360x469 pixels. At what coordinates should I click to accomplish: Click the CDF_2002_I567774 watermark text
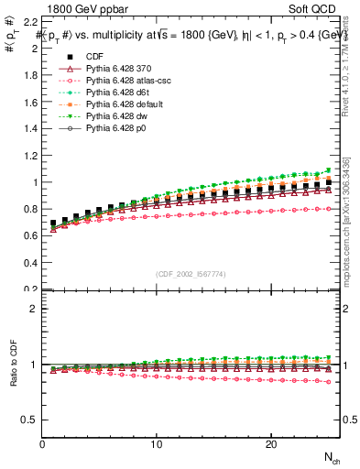(x=191, y=274)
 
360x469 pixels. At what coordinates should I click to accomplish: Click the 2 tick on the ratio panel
(x=33, y=309)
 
